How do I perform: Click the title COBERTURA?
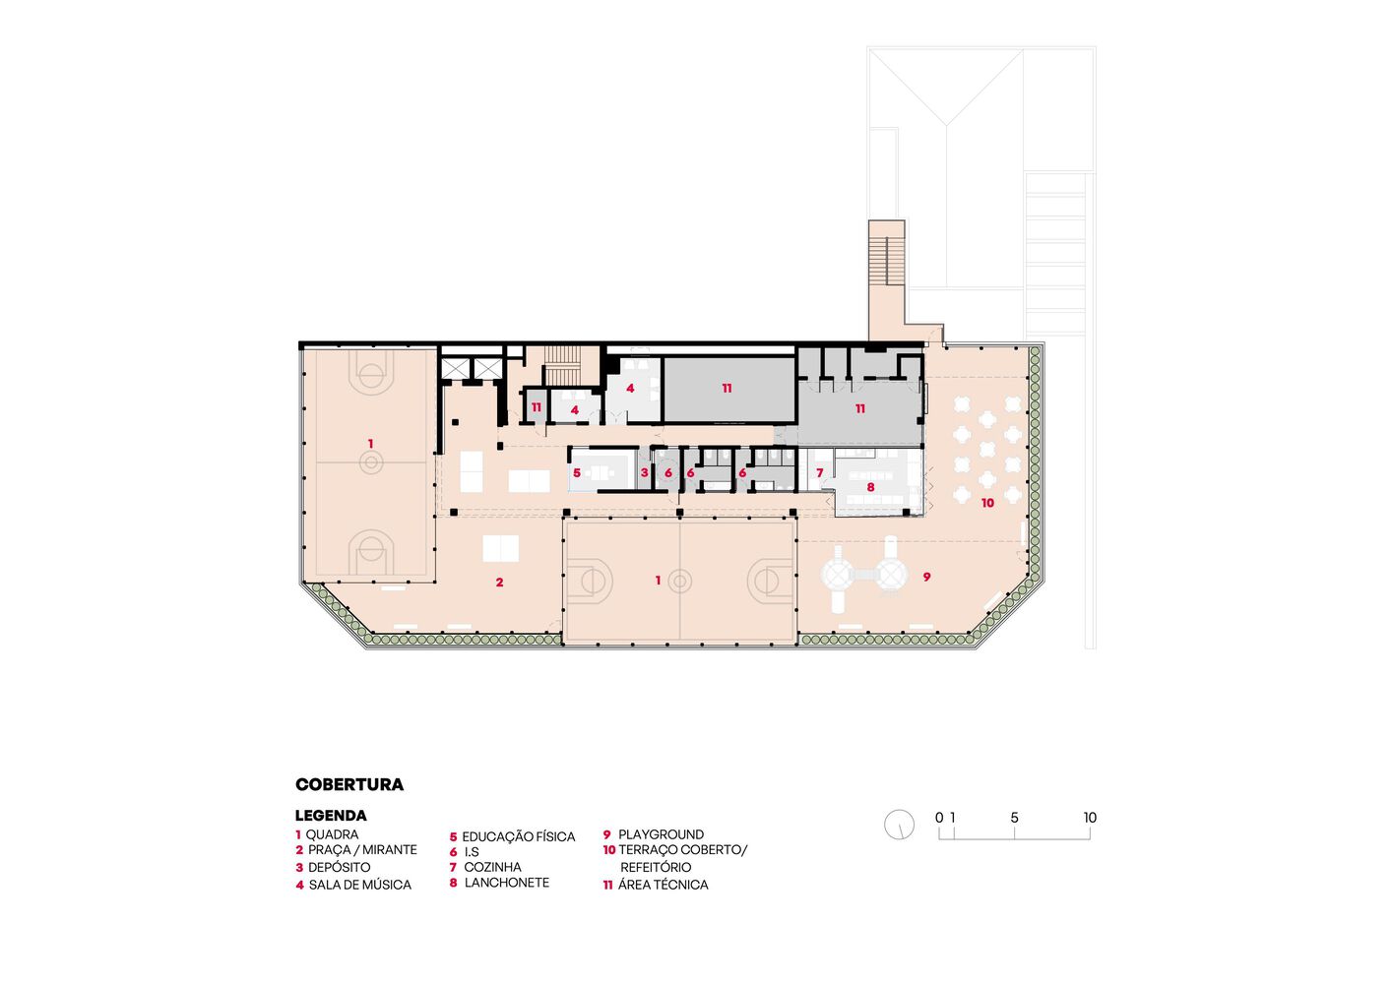tap(349, 784)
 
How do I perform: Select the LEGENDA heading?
tap(331, 816)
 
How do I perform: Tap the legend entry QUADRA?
tap(332, 834)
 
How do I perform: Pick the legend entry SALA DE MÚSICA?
tap(360, 885)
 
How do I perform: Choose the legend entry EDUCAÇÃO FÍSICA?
tap(519, 836)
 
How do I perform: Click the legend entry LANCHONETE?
tap(507, 883)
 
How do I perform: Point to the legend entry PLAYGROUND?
tap(661, 834)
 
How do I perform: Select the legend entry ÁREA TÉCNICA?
tap(663, 885)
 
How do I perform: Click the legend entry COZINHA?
tap(492, 867)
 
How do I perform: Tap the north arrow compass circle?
tap(899, 825)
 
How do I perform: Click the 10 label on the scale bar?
tap(1090, 818)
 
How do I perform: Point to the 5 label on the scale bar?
tap(1014, 818)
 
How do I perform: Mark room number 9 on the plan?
tap(926, 577)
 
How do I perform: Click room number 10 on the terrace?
tap(987, 503)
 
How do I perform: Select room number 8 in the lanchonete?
tap(870, 487)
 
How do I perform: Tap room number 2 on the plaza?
tap(499, 583)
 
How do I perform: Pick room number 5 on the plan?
tap(577, 473)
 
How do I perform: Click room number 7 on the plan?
tap(820, 473)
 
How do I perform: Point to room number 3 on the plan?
tap(644, 473)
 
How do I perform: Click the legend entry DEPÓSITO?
tap(339, 867)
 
